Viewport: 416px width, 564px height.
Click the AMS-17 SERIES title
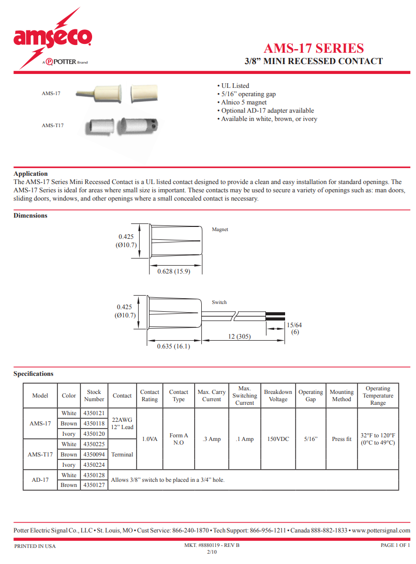(x=314, y=48)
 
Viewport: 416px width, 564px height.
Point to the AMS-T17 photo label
(x=53, y=125)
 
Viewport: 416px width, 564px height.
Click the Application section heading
(x=31, y=174)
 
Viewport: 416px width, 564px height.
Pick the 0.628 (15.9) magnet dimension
(x=173, y=271)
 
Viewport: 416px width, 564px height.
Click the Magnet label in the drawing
(x=220, y=230)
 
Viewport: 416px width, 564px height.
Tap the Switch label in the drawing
(x=219, y=302)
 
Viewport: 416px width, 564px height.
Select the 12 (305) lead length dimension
(x=240, y=337)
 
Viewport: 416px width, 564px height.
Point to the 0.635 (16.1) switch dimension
(x=173, y=346)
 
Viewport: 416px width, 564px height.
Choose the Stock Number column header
(x=94, y=395)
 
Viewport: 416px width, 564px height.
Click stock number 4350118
(x=94, y=423)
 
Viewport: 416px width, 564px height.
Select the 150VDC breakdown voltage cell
(x=278, y=439)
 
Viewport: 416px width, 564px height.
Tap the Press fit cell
(x=341, y=439)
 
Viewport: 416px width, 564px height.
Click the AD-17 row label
(x=40, y=480)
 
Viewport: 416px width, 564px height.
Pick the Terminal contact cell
(x=122, y=454)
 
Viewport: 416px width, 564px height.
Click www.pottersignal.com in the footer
(x=381, y=530)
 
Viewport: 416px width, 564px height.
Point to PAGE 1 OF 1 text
(x=395, y=546)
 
